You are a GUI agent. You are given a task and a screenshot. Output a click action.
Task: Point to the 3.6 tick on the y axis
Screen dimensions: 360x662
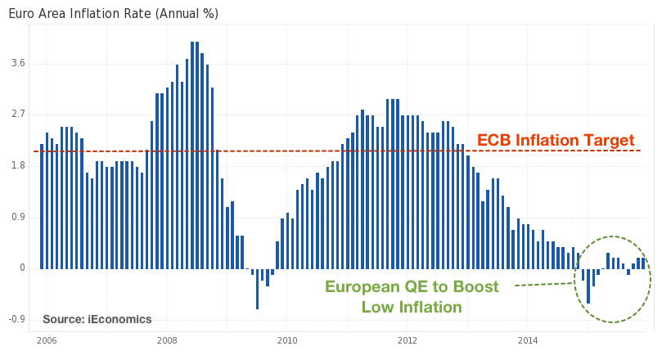[16, 63]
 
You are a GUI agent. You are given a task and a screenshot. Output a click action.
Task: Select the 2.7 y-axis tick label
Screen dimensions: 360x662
[16, 115]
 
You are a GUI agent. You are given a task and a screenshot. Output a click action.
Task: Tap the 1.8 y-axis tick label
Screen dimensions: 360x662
[16, 166]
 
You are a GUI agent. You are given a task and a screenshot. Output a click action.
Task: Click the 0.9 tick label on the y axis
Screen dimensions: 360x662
[16, 218]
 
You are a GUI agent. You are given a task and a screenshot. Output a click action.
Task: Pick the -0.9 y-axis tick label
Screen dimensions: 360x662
[15, 320]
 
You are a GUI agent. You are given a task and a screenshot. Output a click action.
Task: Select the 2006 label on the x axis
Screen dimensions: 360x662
[46, 340]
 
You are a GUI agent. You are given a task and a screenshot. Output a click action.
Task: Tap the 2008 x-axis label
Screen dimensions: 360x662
[167, 340]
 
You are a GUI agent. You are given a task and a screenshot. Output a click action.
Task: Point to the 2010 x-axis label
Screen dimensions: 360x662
[287, 340]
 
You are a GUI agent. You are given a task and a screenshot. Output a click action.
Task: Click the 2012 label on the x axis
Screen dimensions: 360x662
[408, 340]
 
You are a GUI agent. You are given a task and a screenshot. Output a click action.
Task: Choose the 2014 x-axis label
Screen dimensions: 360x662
[528, 340]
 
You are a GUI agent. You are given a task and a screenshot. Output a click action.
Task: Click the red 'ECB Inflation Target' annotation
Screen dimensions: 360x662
[556, 141]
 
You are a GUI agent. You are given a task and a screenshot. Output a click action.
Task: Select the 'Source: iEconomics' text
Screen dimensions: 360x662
[97, 319]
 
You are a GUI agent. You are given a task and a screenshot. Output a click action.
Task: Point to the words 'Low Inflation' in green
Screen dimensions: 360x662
[411, 308]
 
